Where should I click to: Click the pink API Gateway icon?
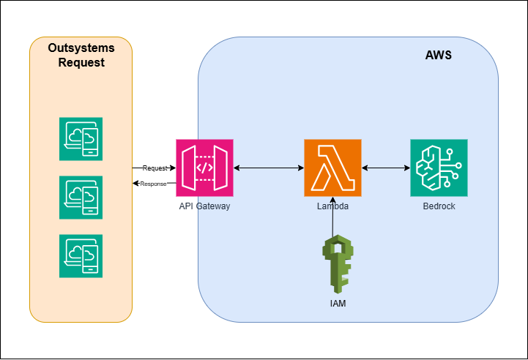204,168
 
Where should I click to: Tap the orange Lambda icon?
332,168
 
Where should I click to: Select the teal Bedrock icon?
439,168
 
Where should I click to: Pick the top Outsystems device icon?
81,138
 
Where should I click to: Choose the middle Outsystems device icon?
81,197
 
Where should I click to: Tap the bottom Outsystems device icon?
81,256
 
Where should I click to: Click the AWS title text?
438,56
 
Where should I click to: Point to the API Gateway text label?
204,206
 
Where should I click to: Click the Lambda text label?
332,206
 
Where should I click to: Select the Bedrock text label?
439,206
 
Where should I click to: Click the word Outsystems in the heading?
81,48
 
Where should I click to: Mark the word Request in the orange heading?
81,63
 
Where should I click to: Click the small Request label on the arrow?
155,168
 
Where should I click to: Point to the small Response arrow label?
154,184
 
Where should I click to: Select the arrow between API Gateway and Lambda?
269,168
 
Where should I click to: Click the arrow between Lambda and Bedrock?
385,168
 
